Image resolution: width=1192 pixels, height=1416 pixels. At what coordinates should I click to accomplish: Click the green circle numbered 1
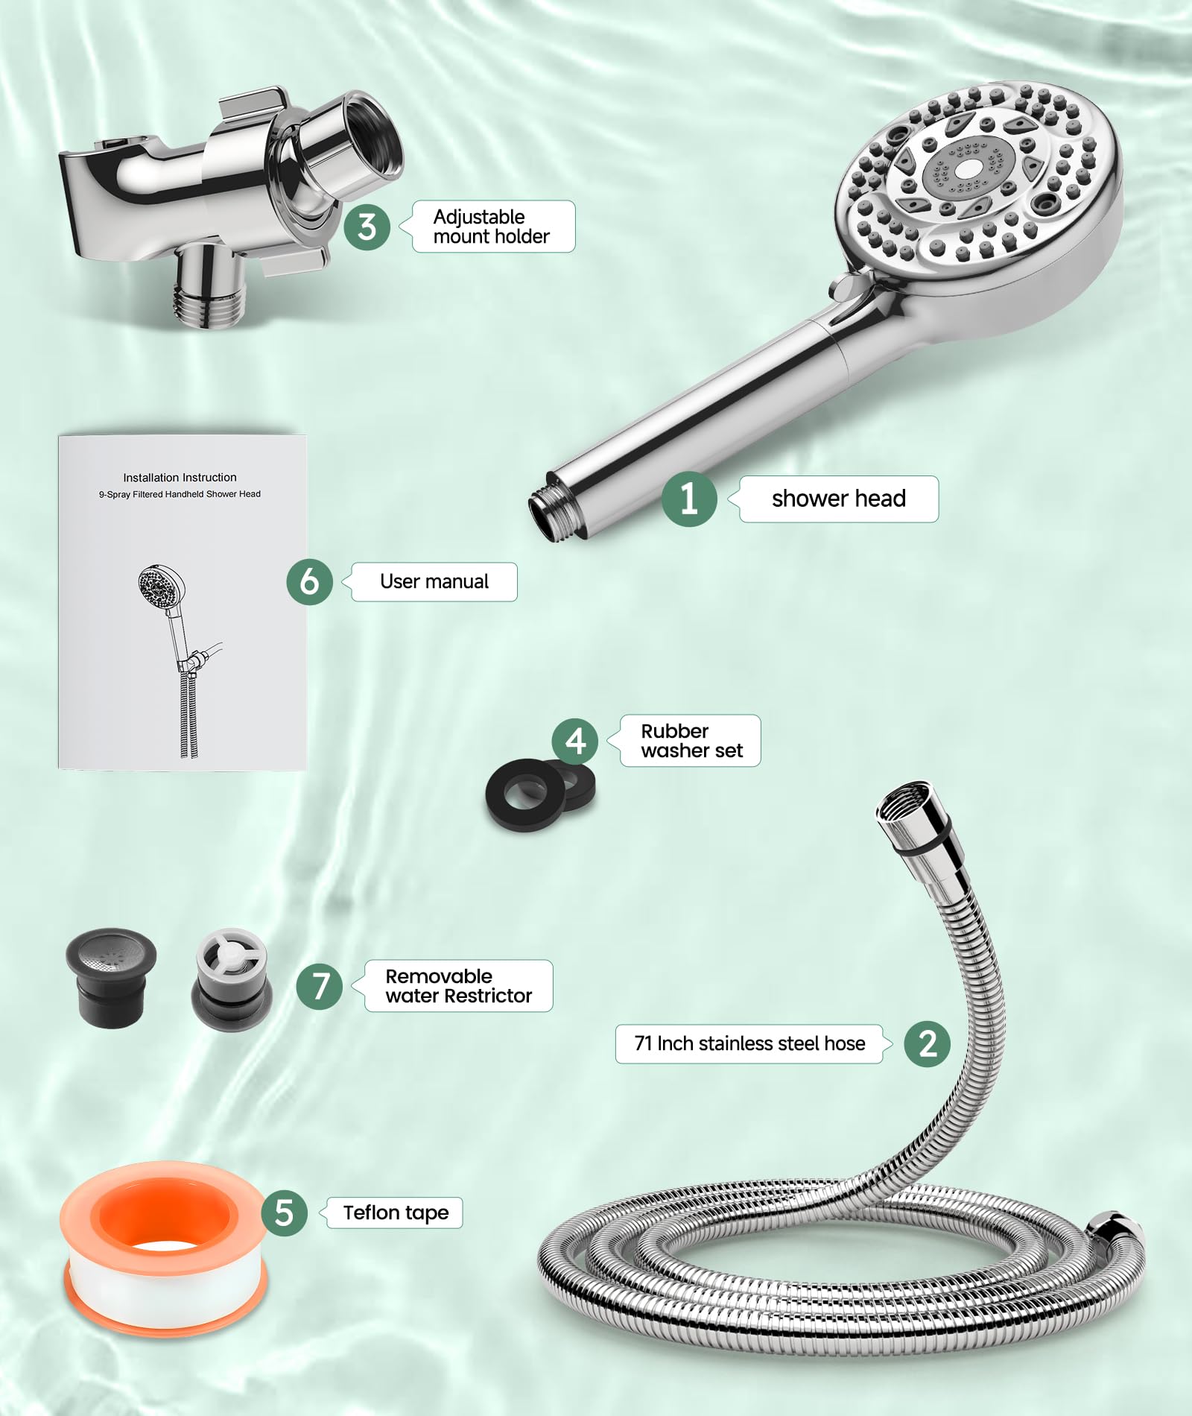click(689, 499)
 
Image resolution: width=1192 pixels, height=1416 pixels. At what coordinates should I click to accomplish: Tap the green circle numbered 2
click(927, 1043)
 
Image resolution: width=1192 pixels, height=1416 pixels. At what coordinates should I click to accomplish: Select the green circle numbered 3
click(367, 227)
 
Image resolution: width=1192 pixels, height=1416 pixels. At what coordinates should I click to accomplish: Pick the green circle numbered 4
click(574, 741)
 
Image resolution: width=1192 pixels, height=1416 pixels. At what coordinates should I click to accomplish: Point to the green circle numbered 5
click(284, 1213)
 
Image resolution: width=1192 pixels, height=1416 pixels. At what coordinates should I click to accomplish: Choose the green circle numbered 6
click(309, 581)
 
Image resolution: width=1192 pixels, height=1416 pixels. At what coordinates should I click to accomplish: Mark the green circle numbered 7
click(320, 986)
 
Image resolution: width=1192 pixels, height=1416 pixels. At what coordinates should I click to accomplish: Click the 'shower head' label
click(838, 499)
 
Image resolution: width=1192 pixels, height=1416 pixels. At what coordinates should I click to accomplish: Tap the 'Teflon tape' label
click(396, 1213)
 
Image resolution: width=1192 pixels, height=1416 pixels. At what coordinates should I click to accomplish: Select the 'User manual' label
click(434, 581)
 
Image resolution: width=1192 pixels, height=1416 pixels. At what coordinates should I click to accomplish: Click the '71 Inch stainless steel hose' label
click(749, 1043)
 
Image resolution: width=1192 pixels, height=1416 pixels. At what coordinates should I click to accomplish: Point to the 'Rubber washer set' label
click(691, 741)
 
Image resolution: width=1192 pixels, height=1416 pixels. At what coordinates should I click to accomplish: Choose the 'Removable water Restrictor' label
click(458, 986)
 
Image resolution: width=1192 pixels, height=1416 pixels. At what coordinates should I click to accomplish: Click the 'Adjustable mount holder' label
click(491, 227)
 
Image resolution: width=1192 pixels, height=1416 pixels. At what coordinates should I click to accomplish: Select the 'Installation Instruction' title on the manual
click(180, 477)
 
